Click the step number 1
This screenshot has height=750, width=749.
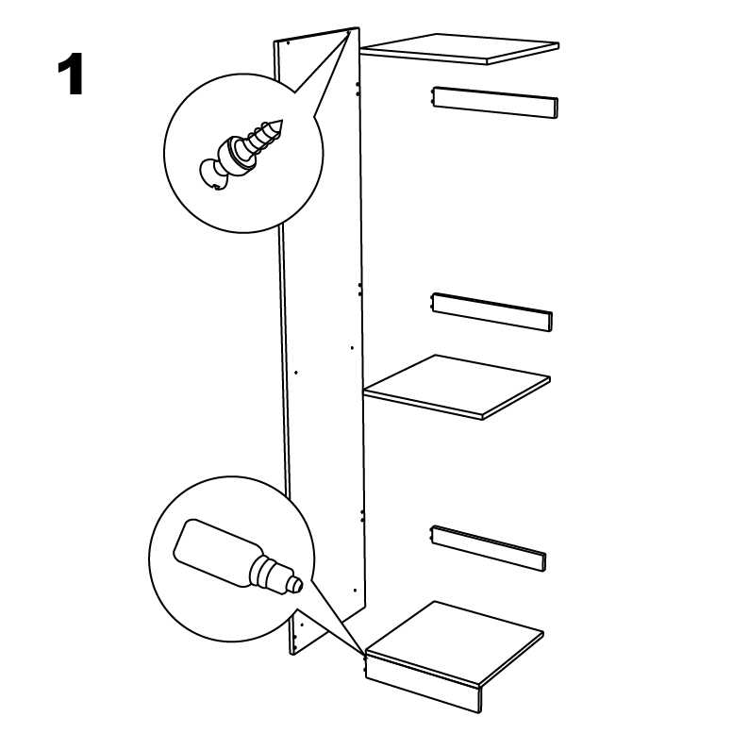[x=71, y=75]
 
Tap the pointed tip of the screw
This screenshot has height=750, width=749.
[x=282, y=121]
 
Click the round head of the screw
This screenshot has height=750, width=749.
[x=213, y=175]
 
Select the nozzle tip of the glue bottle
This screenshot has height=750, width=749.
[x=298, y=585]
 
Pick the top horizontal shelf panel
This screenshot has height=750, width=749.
[x=459, y=49]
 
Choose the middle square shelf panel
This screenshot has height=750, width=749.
[x=457, y=387]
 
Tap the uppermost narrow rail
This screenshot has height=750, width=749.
[x=495, y=103]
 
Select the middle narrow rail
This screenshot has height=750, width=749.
[x=492, y=312]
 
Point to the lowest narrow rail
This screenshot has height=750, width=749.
[x=489, y=548]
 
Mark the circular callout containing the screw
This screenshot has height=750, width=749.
[x=243, y=153]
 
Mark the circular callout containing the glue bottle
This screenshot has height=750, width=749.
[x=232, y=558]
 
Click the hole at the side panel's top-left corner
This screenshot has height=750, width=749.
[x=288, y=43]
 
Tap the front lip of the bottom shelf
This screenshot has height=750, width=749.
[x=423, y=683]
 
